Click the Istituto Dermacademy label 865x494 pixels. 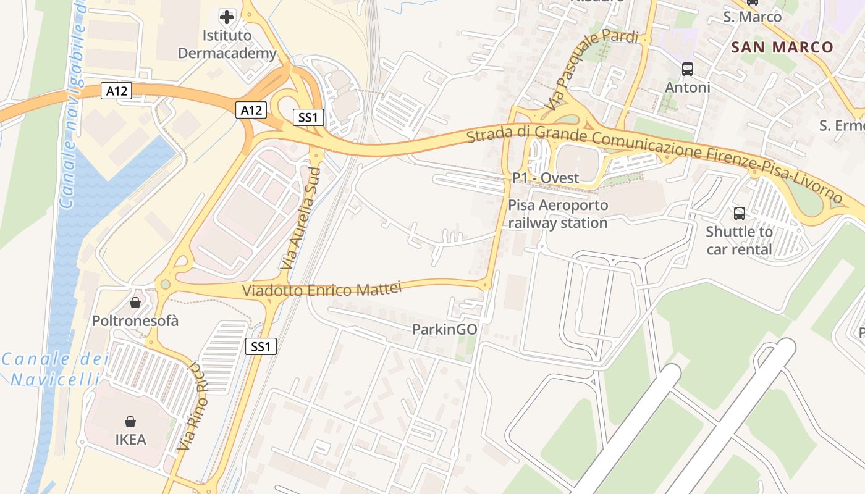227,44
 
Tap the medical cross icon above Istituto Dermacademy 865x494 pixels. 227,16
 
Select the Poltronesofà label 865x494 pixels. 135,320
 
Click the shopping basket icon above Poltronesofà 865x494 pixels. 135,303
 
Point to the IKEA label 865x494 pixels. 131,440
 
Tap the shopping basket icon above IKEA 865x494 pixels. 131,422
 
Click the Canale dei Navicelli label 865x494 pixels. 54,369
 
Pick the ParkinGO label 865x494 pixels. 445,330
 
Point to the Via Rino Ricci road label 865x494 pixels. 191,406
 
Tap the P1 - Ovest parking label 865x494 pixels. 546,178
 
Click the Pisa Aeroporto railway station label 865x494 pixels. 558,214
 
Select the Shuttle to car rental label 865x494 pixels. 739,241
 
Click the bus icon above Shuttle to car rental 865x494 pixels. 739,214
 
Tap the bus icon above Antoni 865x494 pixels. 688,69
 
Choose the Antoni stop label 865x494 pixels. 688,88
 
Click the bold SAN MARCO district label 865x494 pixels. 782,47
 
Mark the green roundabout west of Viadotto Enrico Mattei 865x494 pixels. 165,284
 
